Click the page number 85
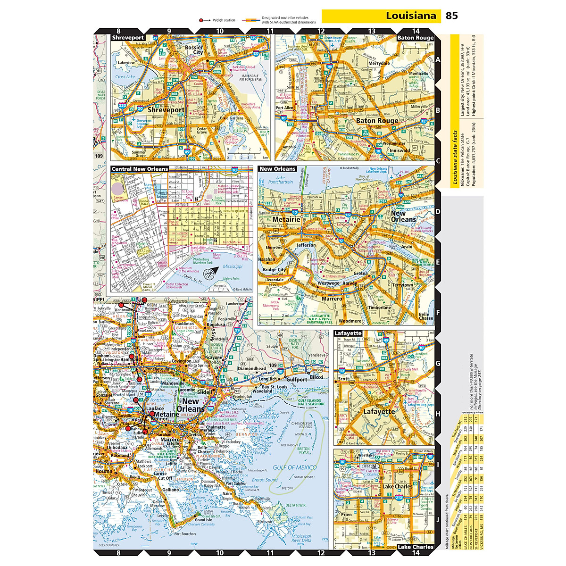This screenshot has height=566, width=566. click(x=451, y=16)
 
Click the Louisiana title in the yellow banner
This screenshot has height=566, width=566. click(x=411, y=16)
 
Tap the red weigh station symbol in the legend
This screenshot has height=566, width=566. click(x=201, y=20)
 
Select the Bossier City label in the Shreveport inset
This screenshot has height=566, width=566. click(x=194, y=50)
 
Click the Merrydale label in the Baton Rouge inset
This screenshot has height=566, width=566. click(x=379, y=63)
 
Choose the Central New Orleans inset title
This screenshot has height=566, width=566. click(x=140, y=169)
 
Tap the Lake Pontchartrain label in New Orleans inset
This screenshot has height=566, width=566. click(x=280, y=180)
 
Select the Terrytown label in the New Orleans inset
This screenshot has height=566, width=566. click(x=402, y=285)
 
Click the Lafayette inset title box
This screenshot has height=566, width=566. click(x=348, y=333)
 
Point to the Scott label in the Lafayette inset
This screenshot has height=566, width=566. click(x=344, y=378)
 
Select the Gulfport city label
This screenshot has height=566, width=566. click(x=297, y=379)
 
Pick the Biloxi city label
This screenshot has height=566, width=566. click(x=316, y=377)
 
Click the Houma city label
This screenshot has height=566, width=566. click(x=104, y=471)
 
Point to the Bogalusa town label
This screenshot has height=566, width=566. click(x=216, y=325)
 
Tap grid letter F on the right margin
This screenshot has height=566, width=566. click(x=438, y=312)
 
